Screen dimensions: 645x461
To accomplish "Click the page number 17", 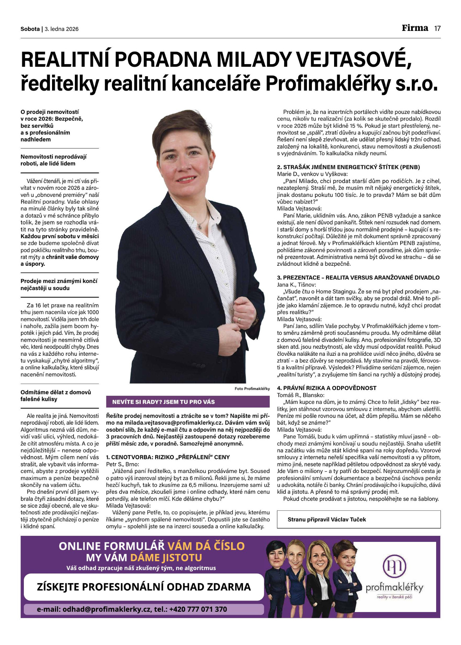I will pos(437,29).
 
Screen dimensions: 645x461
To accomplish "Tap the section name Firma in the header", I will pos(415,28).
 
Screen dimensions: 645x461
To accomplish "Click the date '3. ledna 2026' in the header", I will pos(62,29).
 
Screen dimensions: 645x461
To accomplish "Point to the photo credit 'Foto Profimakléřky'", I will pos(252,389).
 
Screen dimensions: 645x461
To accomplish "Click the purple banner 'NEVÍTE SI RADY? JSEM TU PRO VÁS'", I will pos(188,402).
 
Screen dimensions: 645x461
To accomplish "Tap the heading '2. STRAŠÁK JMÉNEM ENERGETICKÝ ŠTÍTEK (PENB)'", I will pos(349,167).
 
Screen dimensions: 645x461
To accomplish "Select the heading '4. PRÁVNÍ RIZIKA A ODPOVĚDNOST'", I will pos(326,388).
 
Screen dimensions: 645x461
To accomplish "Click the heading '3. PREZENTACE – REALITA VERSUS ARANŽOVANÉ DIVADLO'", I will pos(358,277).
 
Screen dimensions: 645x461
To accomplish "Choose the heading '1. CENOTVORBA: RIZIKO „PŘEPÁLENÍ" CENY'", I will pos(168,457).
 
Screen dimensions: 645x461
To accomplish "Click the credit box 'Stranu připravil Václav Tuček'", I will pos(358,519).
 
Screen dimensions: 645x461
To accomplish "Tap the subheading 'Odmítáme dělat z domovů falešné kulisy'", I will pos(56,396).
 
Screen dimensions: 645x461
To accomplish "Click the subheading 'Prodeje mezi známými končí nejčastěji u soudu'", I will pos(59,285).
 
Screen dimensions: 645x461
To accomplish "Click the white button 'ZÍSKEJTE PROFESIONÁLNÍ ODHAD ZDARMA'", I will pos(144,587).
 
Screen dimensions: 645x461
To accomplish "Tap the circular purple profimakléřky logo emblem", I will pos(394,566).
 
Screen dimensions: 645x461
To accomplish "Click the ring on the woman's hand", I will pos(239,320).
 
